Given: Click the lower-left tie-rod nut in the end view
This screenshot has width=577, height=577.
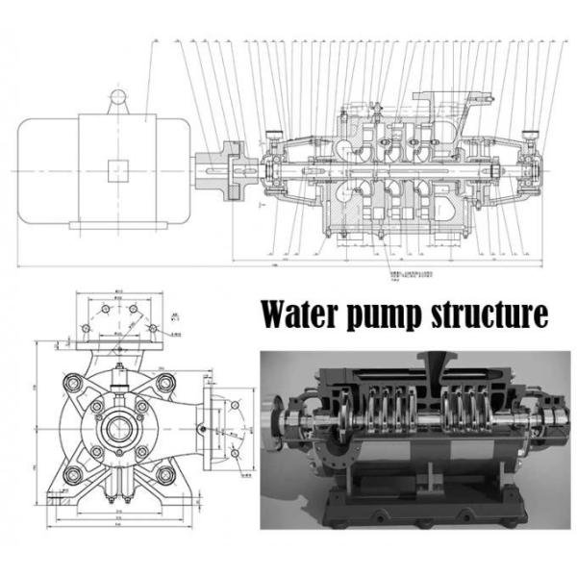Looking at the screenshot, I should (x=73, y=472).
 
